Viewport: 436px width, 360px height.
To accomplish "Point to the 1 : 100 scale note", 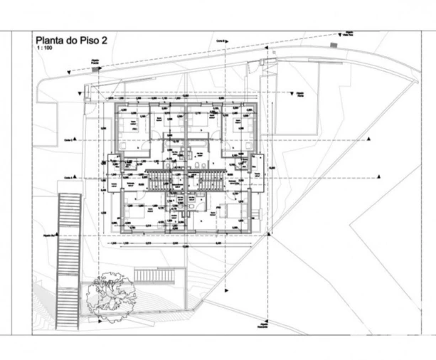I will pyautogui.click(x=44, y=51).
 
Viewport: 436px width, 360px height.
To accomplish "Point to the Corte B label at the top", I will pyautogui.click(x=223, y=42).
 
